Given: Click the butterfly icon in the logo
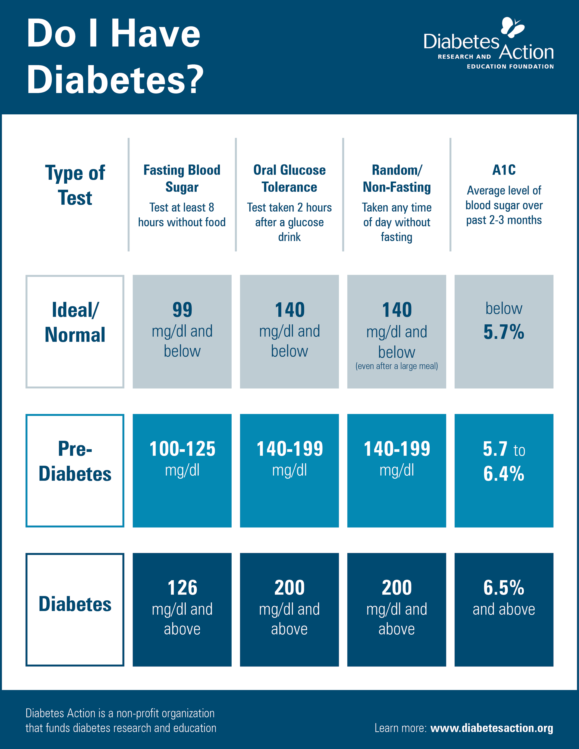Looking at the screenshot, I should [513, 27].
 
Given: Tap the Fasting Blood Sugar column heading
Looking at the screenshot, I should [182, 178].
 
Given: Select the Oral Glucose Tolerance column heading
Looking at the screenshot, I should [289, 178].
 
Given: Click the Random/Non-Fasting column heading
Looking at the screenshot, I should [396, 178].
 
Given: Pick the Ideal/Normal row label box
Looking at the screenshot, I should [75, 331].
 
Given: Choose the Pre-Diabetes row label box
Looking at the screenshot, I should [75, 470].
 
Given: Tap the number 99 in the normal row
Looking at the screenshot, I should [182, 310].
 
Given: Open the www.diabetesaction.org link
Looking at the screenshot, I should [491, 728].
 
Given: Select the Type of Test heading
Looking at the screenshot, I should [75, 185].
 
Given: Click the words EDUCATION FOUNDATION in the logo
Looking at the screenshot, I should [510, 66].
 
